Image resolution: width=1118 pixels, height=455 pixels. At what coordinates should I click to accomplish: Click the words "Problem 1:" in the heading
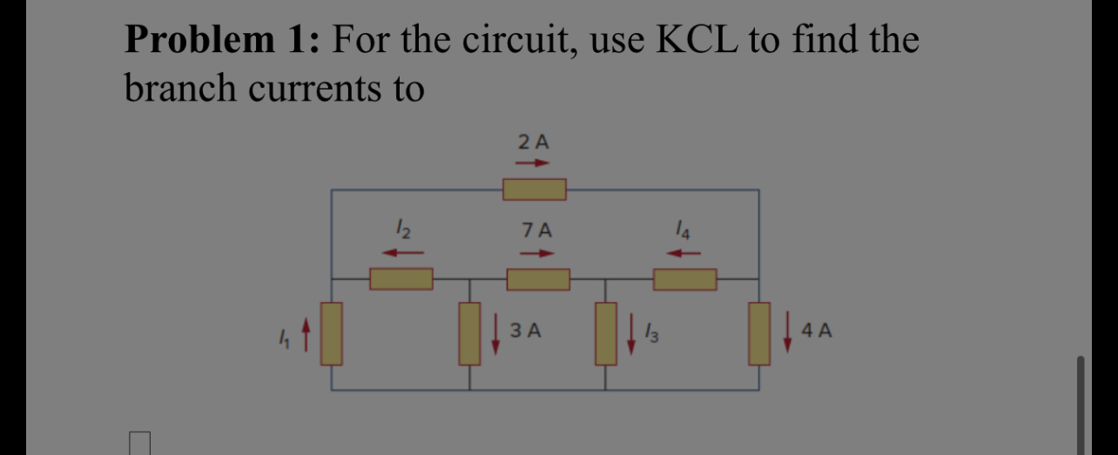pyautogui.click(x=221, y=40)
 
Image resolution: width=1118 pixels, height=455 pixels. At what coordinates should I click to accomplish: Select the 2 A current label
pyautogui.click(x=533, y=141)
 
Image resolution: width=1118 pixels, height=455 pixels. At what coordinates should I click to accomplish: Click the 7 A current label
pyautogui.click(x=537, y=231)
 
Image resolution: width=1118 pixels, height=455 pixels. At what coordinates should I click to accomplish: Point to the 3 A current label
pyautogui.click(x=526, y=331)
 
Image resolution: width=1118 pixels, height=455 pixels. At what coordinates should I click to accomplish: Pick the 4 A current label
pyautogui.click(x=818, y=331)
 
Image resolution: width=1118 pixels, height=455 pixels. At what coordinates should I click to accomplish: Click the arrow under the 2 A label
pyautogui.click(x=533, y=162)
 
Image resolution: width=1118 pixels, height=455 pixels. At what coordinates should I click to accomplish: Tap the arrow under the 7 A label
pyautogui.click(x=537, y=254)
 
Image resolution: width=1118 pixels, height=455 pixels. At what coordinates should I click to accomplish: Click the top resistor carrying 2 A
pyautogui.click(x=535, y=189)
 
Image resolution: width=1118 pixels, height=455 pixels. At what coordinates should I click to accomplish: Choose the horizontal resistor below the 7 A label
pyautogui.click(x=538, y=279)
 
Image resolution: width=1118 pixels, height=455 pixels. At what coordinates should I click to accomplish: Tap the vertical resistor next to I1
pyautogui.click(x=332, y=333)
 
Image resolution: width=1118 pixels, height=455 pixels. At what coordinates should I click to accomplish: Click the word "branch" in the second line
pyautogui.click(x=180, y=88)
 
